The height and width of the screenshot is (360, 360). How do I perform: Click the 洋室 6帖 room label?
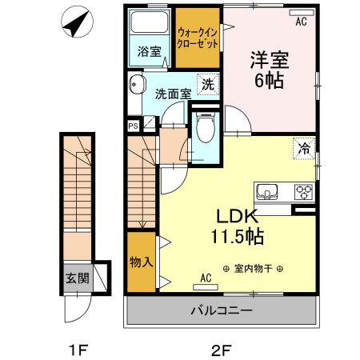[270, 70]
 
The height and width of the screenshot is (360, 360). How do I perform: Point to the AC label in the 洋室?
[301, 22]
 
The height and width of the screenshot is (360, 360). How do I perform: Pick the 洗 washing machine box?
[207, 83]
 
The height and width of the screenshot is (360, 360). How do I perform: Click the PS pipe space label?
[133, 125]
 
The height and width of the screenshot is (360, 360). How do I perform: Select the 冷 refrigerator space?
[304, 147]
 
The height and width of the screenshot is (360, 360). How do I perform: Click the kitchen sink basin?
[267, 192]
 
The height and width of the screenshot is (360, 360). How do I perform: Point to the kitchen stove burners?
[304, 192]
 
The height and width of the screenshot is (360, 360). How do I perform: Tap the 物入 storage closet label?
[141, 262]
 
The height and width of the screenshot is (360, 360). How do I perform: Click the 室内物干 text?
[254, 269]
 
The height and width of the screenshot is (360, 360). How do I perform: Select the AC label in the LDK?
[206, 278]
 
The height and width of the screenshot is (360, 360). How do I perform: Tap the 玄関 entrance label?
[78, 279]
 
